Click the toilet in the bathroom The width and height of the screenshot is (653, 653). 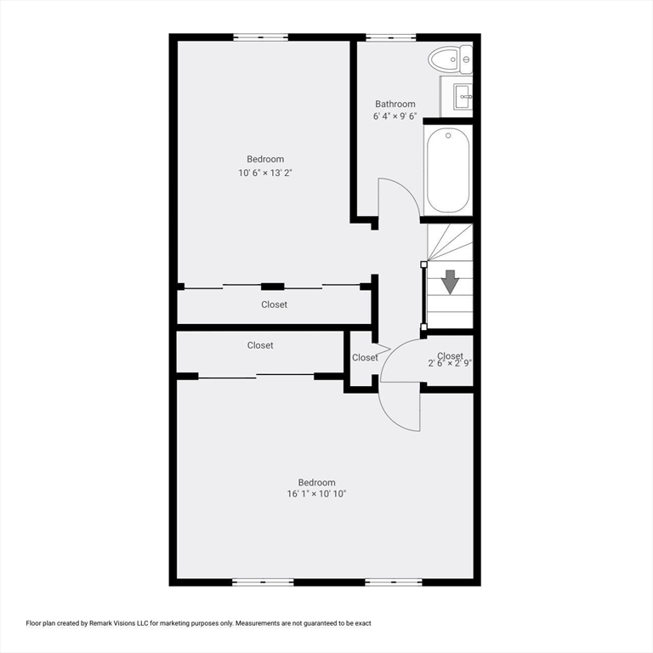click(450, 60)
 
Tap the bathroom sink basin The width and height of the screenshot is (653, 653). click(463, 97)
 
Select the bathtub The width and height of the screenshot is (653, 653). click(448, 170)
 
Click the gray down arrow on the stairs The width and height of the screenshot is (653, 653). click(450, 282)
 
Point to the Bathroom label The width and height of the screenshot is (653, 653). click(395, 104)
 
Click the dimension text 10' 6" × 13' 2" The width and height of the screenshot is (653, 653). click(265, 173)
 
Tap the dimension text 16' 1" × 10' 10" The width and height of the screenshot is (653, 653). click(316, 494)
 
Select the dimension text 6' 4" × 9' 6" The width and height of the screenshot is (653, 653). click(395, 116)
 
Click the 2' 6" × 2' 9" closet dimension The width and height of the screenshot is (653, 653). click(450, 363)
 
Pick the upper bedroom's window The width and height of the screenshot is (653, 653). click(261, 37)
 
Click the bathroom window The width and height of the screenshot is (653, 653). click(391, 37)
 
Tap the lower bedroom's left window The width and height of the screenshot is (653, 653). click(263, 582)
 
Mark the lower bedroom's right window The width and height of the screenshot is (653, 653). click(394, 582)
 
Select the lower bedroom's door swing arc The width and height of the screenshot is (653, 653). click(391, 417)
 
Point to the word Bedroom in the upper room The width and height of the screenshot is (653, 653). click(265, 159)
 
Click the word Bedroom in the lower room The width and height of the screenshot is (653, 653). click(316, 483)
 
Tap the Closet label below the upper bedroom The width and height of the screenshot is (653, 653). click(274, 304)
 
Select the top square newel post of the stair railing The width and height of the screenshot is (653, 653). click(424, 264)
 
